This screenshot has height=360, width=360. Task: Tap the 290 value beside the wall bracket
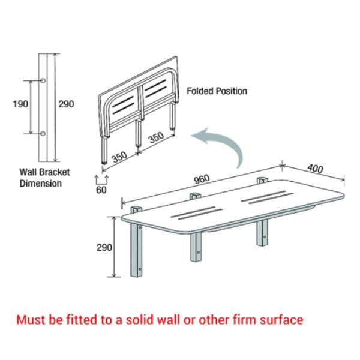66,104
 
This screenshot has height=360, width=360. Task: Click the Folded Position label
217,91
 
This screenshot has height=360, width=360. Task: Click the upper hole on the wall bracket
44,80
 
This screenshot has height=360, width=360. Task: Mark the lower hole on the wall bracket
44,133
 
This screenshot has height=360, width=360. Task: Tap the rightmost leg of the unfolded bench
262,231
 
